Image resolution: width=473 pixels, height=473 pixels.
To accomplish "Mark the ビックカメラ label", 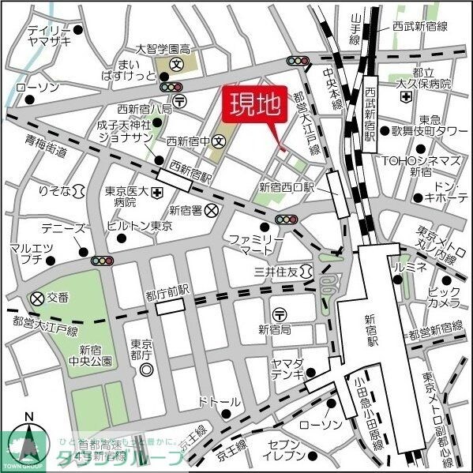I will [445, 298].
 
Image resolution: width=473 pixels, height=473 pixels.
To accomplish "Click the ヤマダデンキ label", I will [285, 367].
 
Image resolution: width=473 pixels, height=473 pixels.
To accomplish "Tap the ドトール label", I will [220, 402].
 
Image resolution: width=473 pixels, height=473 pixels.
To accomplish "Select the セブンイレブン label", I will [285, 450].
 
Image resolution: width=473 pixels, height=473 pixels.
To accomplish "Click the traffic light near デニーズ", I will [102, 260].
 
